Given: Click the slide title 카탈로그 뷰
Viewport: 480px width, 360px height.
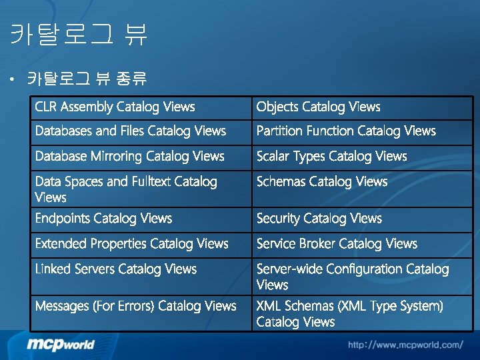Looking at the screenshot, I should click(79, 34).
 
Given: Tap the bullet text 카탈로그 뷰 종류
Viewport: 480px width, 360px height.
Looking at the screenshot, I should click(87, 79).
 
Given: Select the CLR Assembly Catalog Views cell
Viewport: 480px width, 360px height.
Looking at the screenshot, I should click(115, 107).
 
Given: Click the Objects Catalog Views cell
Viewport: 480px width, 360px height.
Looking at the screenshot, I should click(318, 107).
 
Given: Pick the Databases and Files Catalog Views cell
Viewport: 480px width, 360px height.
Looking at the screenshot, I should click(130, 131).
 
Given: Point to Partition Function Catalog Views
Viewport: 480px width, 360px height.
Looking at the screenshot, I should click(346, 131).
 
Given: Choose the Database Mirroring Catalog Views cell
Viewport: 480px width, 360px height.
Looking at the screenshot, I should click(129, 157).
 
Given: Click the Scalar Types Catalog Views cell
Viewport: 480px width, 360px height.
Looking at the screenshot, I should click(331, 157).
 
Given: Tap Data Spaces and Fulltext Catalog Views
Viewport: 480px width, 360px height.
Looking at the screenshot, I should click(126, 189).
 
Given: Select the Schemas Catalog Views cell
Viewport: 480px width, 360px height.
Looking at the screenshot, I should click(321, 181).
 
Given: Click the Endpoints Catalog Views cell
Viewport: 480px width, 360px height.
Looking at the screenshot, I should click(103, 219).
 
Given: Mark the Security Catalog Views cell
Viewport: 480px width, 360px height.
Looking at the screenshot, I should click(319, 219).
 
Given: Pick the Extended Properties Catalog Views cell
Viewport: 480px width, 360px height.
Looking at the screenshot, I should click(131, 244).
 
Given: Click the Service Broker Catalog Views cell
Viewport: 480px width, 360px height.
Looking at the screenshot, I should click(337, 244).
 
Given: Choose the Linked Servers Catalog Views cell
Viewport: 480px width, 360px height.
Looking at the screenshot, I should click(115, 269).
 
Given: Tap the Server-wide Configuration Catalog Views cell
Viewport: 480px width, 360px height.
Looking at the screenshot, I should click(353, 277).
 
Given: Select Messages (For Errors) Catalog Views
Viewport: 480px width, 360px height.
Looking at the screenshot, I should click(135, 306).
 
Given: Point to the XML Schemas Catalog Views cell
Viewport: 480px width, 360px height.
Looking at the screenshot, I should click(349, 314).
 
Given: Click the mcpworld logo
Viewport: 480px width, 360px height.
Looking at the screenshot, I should click(61, 344).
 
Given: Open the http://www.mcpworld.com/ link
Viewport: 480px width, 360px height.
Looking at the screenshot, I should click(405, 345).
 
